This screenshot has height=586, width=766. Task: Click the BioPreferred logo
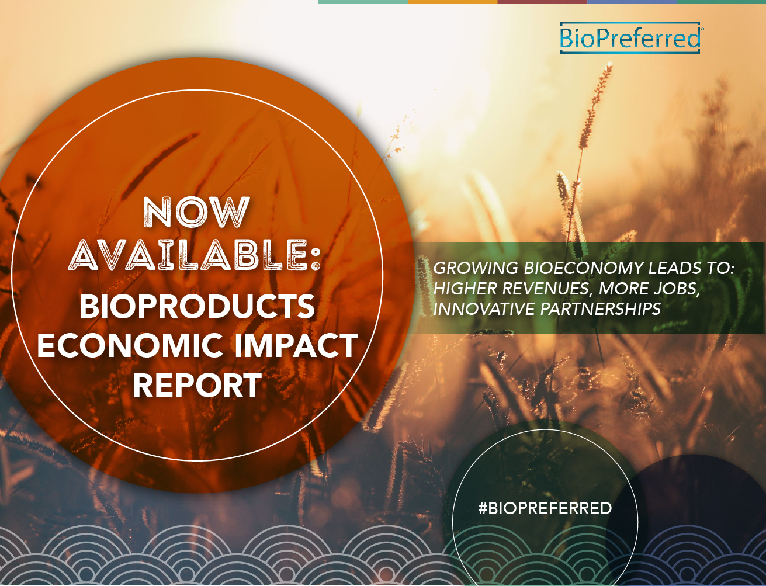[630, 38]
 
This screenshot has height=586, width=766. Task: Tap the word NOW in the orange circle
[197, 212]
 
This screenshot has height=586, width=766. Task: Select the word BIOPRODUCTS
[197, 306]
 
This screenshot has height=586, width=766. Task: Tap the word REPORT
[197, 385]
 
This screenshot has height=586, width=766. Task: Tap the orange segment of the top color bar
[452, 2]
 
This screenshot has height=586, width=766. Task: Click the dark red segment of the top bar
[542, 2]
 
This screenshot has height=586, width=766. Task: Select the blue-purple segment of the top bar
[632, 2]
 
